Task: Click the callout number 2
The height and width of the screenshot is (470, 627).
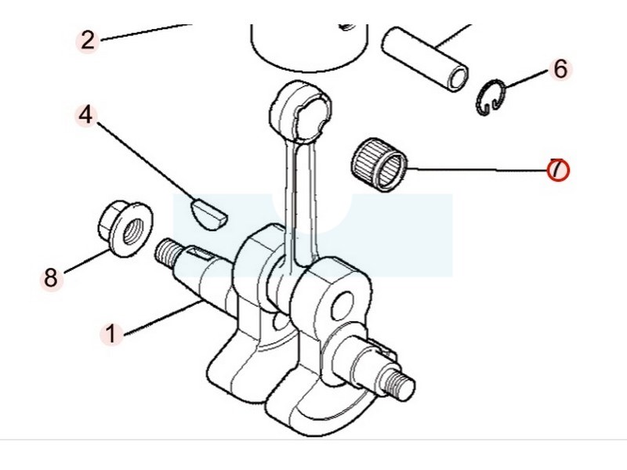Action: tap(88, 41)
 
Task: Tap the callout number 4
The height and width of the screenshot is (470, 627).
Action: tap(85, 115)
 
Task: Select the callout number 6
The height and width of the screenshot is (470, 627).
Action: tap(560, 69)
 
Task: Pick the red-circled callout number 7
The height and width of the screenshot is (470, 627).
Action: tap(558, 169)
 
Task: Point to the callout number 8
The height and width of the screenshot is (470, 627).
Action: tap(51, 278)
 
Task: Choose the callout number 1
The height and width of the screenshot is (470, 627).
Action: tap(111, 334)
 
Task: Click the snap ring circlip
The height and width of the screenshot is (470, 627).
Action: tap(491, 98)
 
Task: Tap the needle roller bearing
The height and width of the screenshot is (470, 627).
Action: tap(379, 164)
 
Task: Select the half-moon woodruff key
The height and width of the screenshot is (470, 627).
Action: tap(208, 214)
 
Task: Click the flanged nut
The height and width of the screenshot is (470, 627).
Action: tap(125, 229)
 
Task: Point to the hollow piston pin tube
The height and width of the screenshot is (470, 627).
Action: tap(425, 60)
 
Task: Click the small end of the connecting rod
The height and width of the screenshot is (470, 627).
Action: tap(301, 110)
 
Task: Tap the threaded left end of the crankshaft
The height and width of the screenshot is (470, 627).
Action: tap(165, 253)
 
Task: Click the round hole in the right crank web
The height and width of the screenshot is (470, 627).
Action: tap(342, 305)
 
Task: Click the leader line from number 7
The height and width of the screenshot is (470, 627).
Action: tap(477, 169)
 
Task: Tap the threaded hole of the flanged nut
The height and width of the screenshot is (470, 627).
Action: tap(131, 231)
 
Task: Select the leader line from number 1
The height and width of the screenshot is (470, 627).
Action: tap(164, 318)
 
